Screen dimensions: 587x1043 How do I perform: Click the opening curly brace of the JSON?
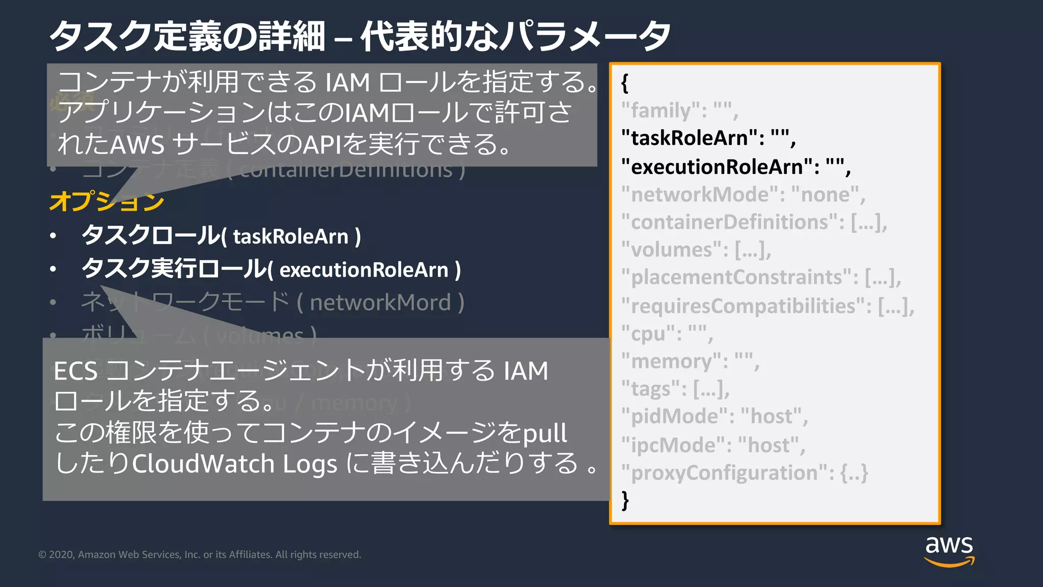coord(625,83)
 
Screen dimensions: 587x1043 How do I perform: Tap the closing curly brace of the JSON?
coord(625,500)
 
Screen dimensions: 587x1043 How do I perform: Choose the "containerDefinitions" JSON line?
coord(754,222)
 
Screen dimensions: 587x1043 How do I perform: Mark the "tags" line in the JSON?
coord(675,389)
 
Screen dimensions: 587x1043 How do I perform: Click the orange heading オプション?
coord(106,201)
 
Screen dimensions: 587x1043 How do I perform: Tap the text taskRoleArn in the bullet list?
coord(291,237)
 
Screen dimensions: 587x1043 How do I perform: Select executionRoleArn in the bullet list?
coord(364,270)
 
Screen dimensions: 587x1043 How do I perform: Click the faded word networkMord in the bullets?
coord(380,303)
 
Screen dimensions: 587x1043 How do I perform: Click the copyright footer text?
coord(200,554)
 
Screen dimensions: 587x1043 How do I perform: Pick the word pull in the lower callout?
coord(545,434)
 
